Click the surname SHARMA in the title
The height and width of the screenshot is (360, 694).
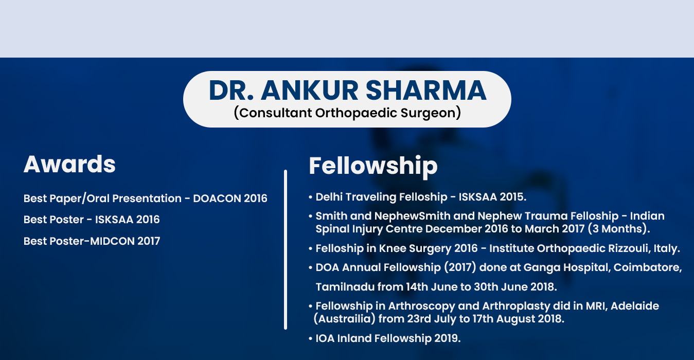(426, 91)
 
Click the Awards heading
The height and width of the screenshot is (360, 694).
(69, 164)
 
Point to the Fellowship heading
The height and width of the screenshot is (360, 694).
(373, 166)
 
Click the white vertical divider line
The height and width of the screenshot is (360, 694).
(286, 249)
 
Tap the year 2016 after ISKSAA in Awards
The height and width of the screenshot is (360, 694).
(148, 220)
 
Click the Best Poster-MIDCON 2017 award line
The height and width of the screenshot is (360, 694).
(92, 241)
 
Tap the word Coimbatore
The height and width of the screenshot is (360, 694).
(648, 267)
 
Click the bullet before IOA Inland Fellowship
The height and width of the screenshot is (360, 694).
(310, 338)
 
